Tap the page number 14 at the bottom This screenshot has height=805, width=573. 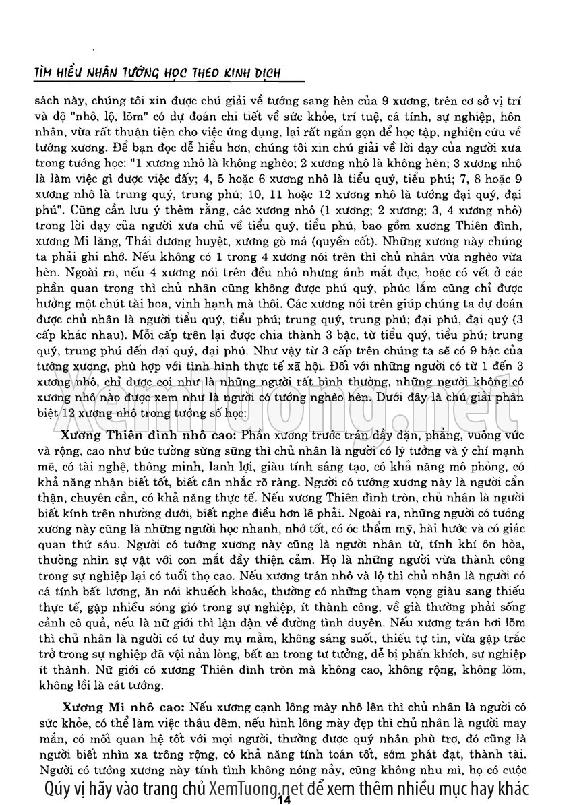pos(283,799)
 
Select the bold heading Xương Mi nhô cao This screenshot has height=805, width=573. pos(121,708)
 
